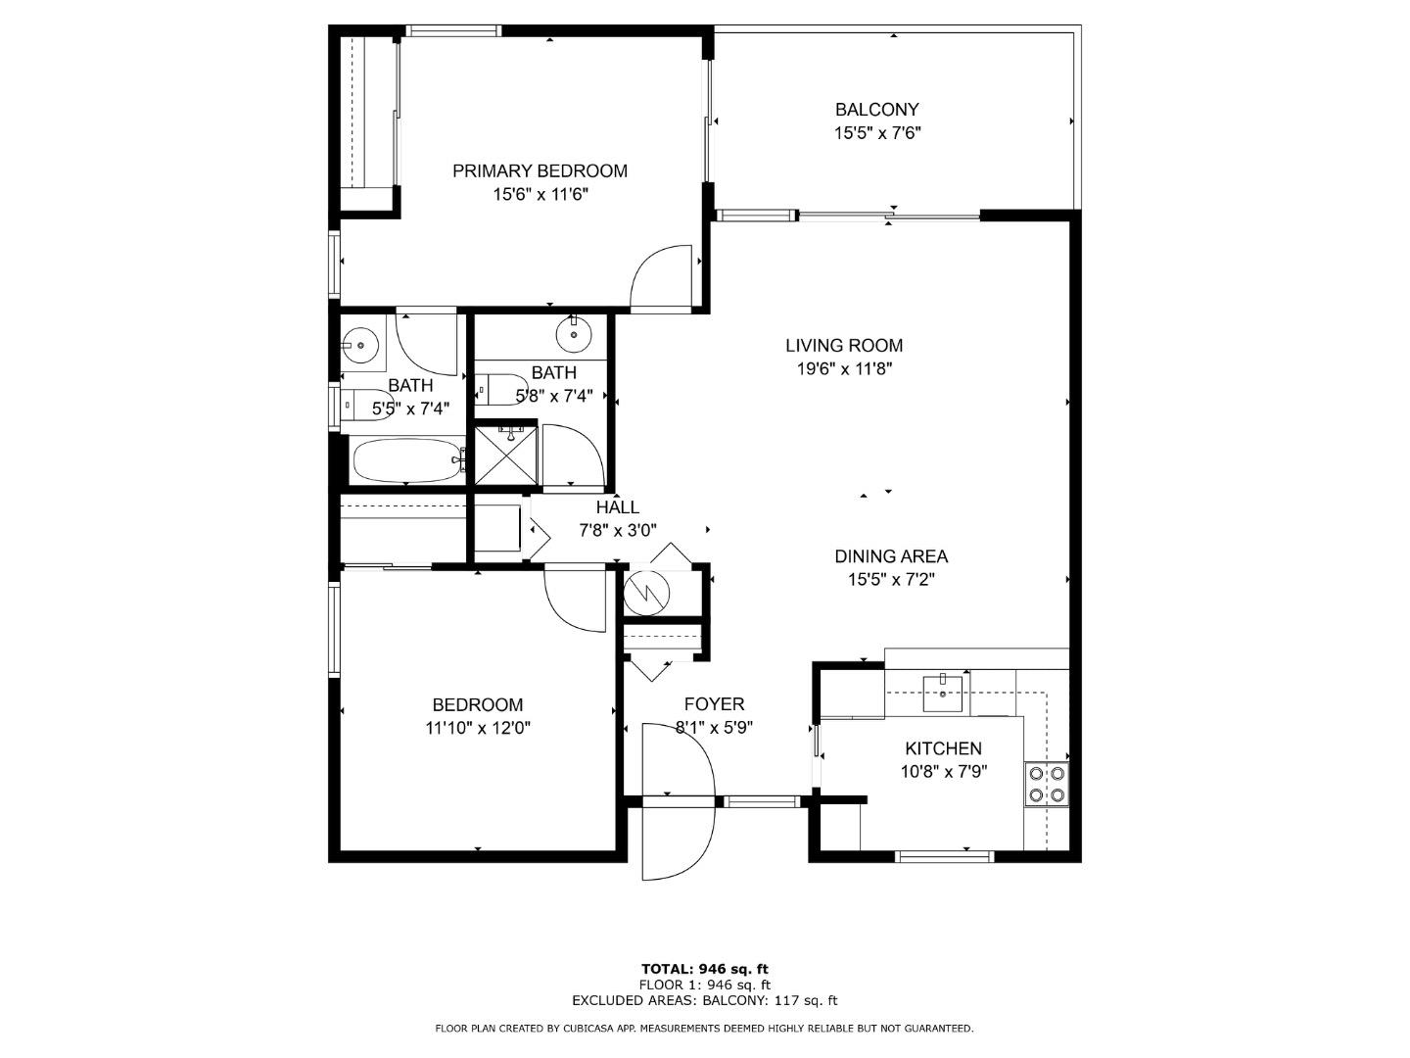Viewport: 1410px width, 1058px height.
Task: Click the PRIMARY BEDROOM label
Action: pos(540,171)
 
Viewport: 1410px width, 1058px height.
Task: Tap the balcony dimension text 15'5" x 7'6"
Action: pos(877,133)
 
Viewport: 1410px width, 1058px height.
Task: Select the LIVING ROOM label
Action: pos(843,345)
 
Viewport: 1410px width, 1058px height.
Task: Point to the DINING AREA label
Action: pos(890,556)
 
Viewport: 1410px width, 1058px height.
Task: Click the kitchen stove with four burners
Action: pos(1046,784)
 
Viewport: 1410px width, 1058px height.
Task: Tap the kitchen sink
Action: pos(944,693)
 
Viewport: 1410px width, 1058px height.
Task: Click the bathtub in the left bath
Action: pos(405,459)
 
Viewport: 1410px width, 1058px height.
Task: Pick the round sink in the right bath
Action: pos(574,336)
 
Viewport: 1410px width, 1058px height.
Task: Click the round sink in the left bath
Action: pos(360,345)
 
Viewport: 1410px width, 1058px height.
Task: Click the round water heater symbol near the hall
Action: pos(646,591)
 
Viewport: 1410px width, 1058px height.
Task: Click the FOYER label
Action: pos(714,704)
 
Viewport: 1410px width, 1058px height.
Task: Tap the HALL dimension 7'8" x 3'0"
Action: pos(617,531)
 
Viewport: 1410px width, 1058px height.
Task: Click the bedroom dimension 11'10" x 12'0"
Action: pos(478,728)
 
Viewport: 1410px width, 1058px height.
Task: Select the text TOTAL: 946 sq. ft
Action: pos(704,969)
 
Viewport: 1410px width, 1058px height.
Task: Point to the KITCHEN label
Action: pos(943,748)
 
